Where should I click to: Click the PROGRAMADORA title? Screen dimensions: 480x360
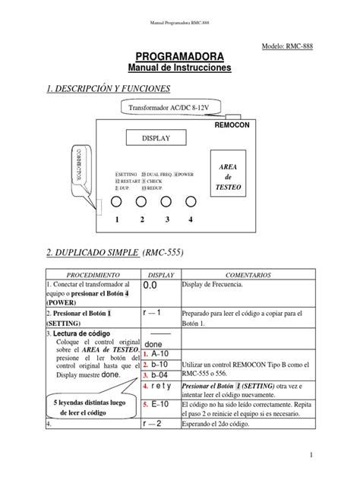point(179,56)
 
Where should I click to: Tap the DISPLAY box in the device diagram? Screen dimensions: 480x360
point(157,137)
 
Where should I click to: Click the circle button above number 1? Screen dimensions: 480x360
point(117,203)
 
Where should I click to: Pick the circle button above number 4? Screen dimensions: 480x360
point(191,203)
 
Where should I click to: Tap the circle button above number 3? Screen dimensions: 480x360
point(166,203)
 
